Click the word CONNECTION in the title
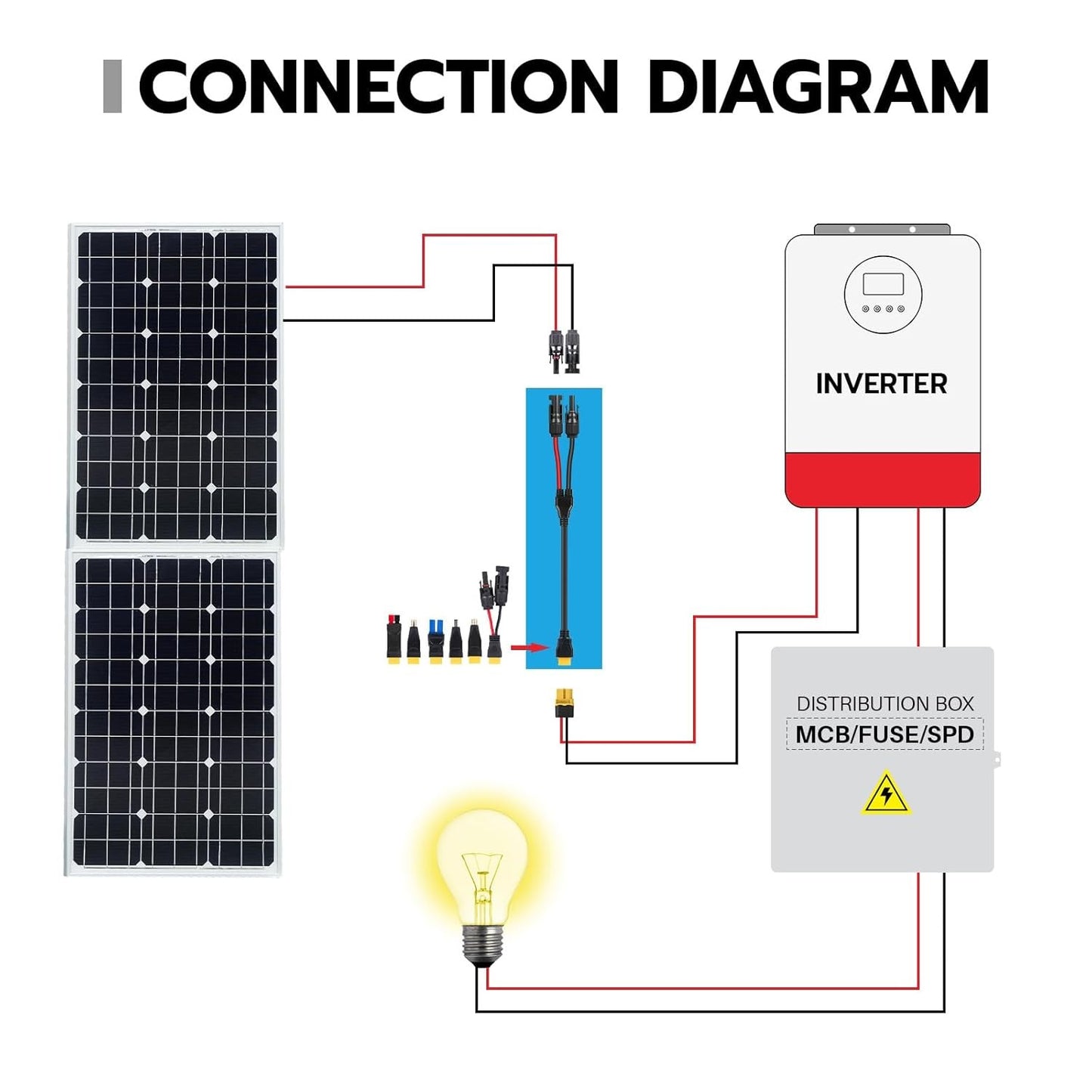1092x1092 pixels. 378,87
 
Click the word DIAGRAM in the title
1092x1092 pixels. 818,87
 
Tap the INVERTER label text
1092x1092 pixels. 881,384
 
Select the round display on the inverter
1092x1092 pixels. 883,295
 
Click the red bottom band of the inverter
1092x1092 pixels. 883,480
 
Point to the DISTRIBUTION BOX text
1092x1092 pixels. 885,704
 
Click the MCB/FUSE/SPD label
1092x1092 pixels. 884,735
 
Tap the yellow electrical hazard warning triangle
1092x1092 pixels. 886,794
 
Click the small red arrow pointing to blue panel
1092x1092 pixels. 528,648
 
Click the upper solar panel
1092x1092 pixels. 176,384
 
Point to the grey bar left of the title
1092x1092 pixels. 112,87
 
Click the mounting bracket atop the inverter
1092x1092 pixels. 882,229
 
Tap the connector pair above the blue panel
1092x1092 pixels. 564,349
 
